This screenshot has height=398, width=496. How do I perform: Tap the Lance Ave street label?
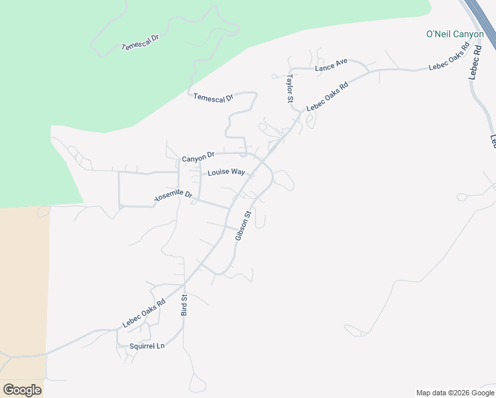331,66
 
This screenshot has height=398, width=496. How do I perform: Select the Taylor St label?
290,88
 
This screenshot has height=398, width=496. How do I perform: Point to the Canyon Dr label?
198,157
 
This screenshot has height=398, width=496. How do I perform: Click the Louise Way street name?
226,172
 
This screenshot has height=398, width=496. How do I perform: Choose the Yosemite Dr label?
173,197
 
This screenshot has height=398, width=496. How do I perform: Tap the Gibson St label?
243,226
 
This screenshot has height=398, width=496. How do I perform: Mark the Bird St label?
185,304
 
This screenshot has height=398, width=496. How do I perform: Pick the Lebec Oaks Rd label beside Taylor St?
328,97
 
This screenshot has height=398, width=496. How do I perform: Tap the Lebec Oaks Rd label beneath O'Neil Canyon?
449,56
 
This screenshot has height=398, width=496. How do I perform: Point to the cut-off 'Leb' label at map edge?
493,141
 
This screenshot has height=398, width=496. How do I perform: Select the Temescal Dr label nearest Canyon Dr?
214,98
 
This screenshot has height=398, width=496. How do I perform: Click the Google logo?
22,390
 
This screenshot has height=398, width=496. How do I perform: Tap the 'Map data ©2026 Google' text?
455,393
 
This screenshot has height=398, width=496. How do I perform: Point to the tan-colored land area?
23,285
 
